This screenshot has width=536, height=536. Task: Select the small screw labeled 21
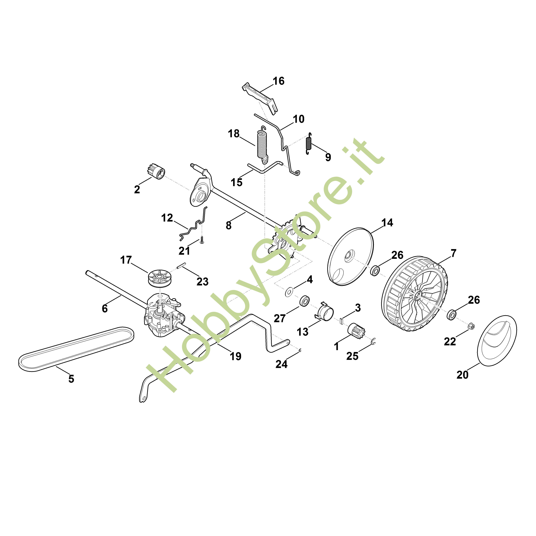click(202, 240)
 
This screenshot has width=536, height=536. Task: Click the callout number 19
click(236, 356)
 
